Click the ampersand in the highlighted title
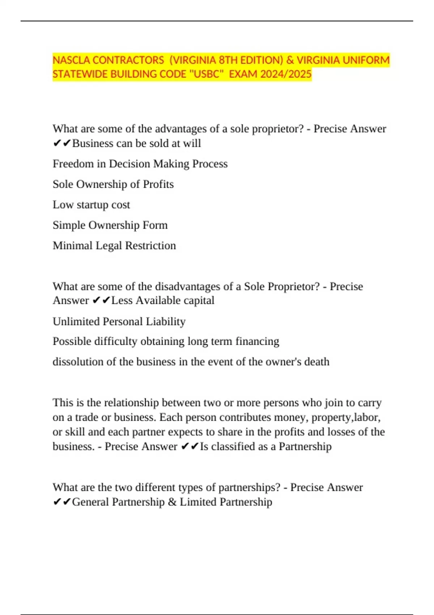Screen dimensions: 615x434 pyautogui.click(x=290, y=60)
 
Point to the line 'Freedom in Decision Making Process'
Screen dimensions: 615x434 pyautogui.click(x=140, y=164)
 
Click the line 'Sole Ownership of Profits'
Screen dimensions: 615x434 pyautogui.click(x=113, y=184)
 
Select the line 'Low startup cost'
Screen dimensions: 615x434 pyautogui.click(x=91, y=205)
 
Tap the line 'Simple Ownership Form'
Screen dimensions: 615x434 pyautogui.click(x=110, y=225)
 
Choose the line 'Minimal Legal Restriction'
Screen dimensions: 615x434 pyautogui.click(x=114, y=246)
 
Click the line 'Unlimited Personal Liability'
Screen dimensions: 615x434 pyautogui.click(x=119, y=322)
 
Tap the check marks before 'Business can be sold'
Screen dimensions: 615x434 pyautogui.click(x=62, y=144)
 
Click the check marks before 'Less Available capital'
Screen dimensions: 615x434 pyautogui.click(x=101, y=301)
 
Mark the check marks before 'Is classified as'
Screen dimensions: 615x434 pyautogui.click(x=190, y=447)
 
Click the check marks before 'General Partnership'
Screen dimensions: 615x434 pyautogui.click(x=62, y=502)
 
